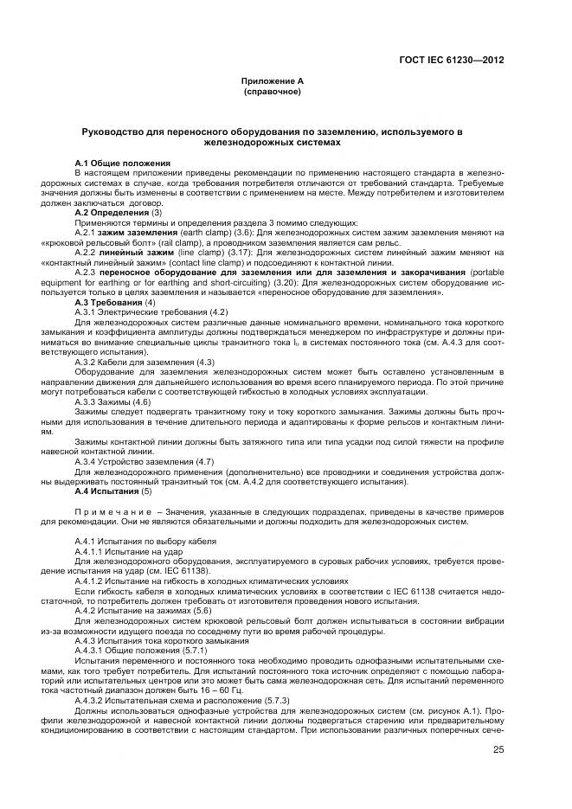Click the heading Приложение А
pyautogui.click(x=272, y=80)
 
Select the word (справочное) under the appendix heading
pyautogui.click(x=272, y=91)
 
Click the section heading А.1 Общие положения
pyautogui.click(x=123, y=163)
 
